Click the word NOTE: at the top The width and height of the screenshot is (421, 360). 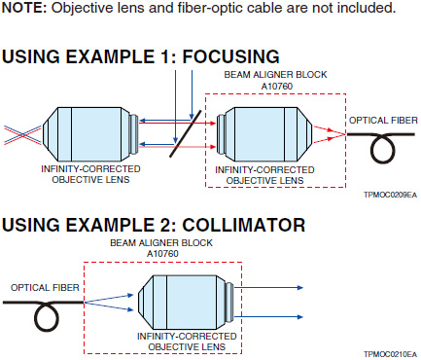(24, 8)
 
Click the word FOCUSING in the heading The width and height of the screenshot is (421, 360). (230, 56)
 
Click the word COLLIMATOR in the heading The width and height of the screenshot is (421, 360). (244, 225)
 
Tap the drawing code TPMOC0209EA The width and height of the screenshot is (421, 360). (390, 195)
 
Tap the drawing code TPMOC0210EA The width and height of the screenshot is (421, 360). (390, 354)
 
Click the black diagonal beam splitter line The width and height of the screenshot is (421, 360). (186, 133)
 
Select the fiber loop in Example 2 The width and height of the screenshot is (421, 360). (47, 317)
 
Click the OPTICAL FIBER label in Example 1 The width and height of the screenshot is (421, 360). (383, 121)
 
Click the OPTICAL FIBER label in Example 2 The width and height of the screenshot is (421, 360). (45, 288)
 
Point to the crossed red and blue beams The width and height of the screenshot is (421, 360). (22, 135)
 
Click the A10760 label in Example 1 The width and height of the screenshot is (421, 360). (277, 87)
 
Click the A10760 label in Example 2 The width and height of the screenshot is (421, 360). (162, 254)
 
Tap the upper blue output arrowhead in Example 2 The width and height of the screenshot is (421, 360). (299, 287)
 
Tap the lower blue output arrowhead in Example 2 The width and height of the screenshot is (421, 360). (299, 317)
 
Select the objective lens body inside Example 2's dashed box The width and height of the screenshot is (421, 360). (186, 302)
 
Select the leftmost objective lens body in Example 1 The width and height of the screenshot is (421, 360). (90, 134)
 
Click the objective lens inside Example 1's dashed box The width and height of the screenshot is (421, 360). (265, 134)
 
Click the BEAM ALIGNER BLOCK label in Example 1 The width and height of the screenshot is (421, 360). (275, 75)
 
